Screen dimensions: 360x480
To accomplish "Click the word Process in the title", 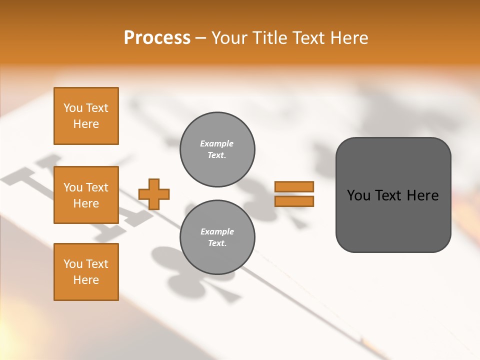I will point(157,38).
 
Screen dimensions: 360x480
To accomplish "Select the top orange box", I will point(86,116).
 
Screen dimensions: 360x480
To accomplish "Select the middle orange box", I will point(86,195).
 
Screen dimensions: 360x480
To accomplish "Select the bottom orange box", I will point(86,272).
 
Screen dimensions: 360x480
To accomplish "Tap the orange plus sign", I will point(154,194).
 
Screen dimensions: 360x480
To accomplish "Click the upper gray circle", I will point(217,149).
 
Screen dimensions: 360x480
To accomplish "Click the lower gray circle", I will point(217,237).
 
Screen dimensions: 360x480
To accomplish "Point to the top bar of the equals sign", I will point(294,186).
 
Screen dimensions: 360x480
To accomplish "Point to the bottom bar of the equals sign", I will point(294,201).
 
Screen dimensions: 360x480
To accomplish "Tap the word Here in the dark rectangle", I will point(422,195).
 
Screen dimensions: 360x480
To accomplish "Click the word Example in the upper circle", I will point(217,144).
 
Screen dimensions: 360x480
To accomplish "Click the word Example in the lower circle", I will point(217,232).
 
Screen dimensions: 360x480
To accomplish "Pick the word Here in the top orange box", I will point(86,124).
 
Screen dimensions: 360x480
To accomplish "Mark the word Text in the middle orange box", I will point(97,187).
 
